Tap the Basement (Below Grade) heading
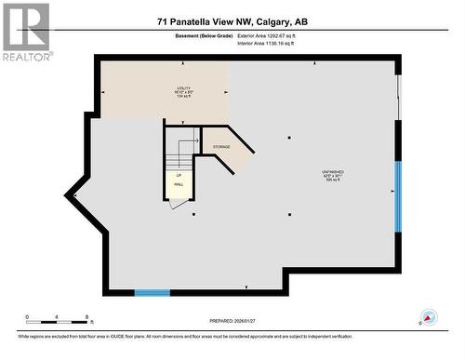(x=200, y=37)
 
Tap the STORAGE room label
(x=221, y=147)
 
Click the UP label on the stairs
(x=179, y=175)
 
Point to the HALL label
(x=179, y=184)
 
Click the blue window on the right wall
(x=398, y=196)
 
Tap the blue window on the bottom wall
(x=152, y=293)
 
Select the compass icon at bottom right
(x=428, y=317)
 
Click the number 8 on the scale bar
(x=86, y=317)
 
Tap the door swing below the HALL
(x=178, y=202)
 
